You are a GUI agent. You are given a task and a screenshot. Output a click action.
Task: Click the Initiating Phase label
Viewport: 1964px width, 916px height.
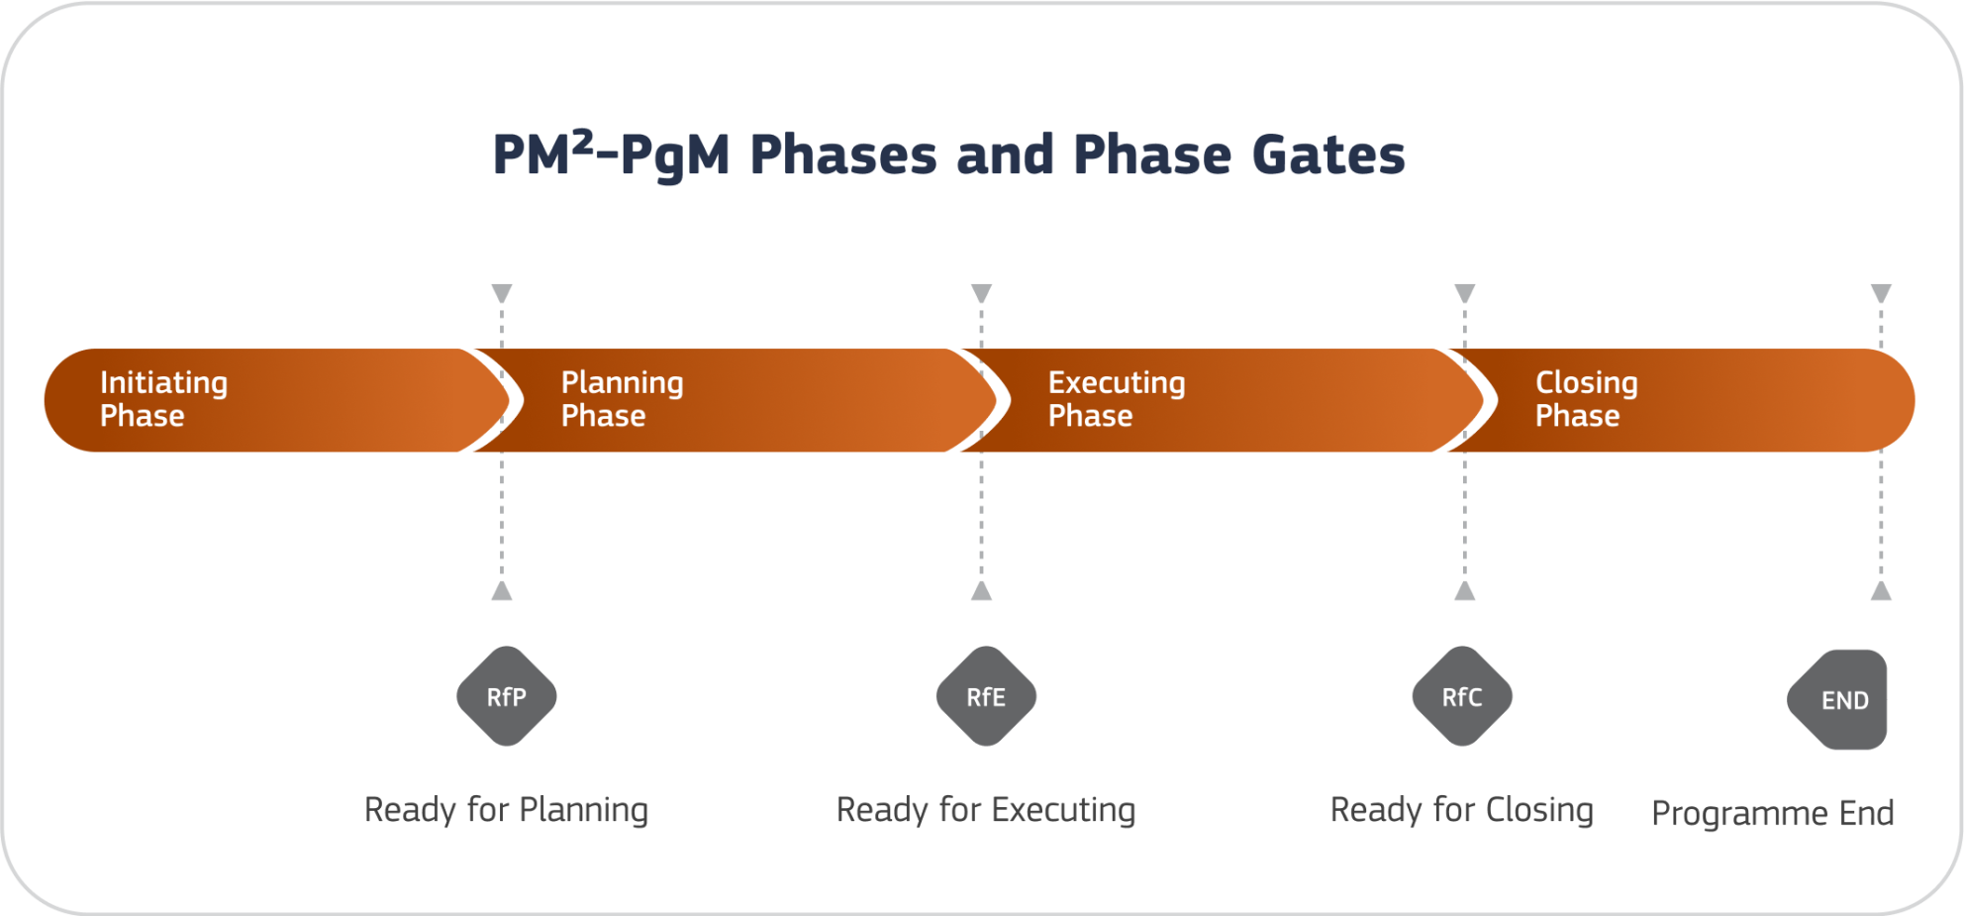coord(163,399)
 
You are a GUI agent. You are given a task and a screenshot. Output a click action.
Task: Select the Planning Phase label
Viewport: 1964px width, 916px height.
coord(622,399)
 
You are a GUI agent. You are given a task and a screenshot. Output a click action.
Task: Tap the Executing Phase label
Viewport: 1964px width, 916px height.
coord(1116,399)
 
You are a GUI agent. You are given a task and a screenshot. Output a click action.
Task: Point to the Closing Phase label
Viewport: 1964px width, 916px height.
coord(1586,399)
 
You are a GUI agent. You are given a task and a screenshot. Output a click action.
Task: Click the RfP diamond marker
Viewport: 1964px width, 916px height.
coord(506,696)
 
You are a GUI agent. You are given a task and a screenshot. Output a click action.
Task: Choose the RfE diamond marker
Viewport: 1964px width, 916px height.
coord(986,696)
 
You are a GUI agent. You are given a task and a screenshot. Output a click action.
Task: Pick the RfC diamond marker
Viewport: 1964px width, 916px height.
coord(1462,696)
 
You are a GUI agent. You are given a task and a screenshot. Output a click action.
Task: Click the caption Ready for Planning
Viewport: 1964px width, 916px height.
coord(506,810)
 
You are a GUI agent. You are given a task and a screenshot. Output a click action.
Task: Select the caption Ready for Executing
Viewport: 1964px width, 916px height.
coord(986,810)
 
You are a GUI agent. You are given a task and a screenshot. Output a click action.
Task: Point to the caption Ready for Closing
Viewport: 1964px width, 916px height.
coord(1461,810)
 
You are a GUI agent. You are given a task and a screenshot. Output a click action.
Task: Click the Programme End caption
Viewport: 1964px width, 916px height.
coord(1772,813)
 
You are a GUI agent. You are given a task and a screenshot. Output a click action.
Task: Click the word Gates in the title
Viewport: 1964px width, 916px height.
coord(1327,155)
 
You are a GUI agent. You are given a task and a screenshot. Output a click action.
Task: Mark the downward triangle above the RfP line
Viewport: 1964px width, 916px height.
coord(502,293)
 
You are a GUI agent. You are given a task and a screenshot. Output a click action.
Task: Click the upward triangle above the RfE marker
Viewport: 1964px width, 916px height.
coord(981,591)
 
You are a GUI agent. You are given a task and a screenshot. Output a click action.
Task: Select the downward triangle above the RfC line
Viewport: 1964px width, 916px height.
coord(1464,293)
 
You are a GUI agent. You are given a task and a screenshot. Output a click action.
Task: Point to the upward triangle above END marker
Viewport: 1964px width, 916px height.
coord(1881,591)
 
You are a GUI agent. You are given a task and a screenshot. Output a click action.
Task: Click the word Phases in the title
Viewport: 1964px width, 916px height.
coord(842,155)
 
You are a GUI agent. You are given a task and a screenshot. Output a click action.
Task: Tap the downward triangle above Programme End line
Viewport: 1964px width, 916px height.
coord(1881,293)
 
